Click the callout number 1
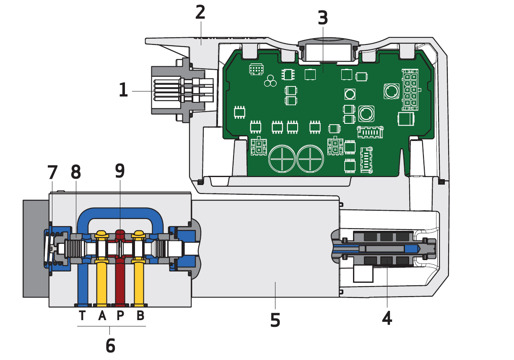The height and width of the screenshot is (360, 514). (x=123, y=90)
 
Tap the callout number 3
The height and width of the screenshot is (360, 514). (x=322, y=18)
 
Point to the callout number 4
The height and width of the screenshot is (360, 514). (x=387, y=318)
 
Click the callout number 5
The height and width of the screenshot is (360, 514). (x=275, y=320)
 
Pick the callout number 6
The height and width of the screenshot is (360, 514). (x=110, y=345)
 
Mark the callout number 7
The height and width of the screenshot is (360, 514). (x=52, y=172)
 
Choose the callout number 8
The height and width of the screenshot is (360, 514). (x=76, y=172)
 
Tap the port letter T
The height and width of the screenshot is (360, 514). (x=82, y=316)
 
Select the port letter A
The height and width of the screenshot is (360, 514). (x=102, y=316)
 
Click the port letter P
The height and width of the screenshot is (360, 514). (x=120, y=316)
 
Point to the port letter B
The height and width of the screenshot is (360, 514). (x=140, y=316)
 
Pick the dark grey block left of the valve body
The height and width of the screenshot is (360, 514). (x=36, y=249)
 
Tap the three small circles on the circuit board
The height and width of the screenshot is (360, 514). (x=270, y=81)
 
